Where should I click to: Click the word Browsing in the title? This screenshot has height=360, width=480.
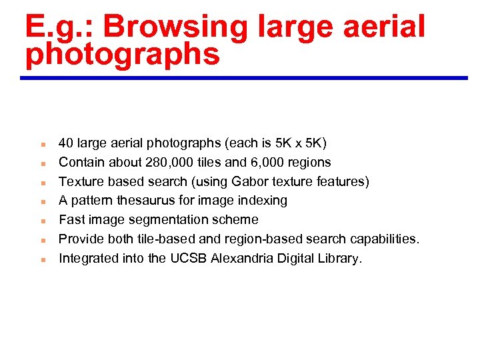[x=175, y=28]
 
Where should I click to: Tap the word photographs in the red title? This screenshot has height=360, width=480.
[x=122, y=55]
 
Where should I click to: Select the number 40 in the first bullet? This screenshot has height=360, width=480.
[x=66, y=143]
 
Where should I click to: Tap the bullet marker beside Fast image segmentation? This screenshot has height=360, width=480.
[x=41, y=220]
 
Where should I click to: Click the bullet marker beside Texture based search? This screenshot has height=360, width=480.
[x=41, y=182]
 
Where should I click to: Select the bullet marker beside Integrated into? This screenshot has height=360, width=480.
[x=41, y=259]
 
